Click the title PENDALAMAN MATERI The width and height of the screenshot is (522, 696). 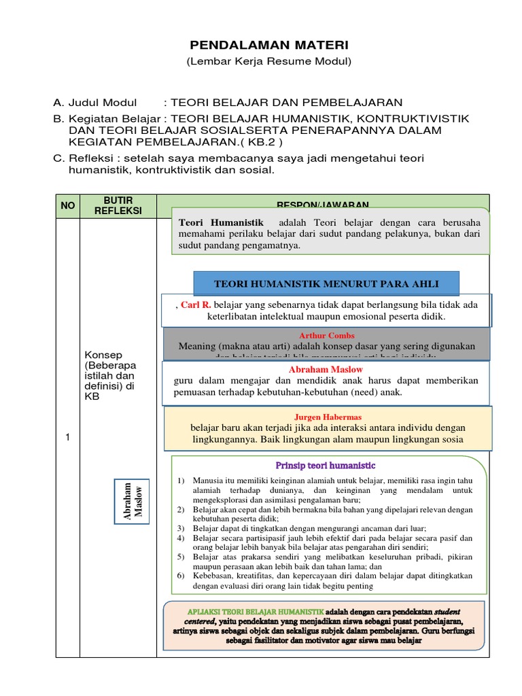pos(268,45)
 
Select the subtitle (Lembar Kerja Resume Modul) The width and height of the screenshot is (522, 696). pos(268,62)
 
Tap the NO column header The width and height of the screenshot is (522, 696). pos(67,205)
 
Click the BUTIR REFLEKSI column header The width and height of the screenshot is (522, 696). pos(118,205)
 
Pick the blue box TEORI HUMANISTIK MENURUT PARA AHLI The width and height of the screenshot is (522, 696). pos(326,283)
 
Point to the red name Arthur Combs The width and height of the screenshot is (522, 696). pos(326,336)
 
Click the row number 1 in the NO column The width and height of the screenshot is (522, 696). pos(67,438)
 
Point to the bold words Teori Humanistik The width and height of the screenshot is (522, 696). pos(220,222)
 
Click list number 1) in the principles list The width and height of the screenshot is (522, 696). pos(180,481)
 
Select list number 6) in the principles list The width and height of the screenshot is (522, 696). pos(180,574)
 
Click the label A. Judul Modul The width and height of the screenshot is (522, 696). pos(95,103)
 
